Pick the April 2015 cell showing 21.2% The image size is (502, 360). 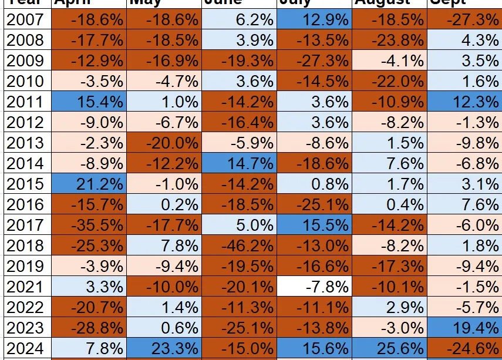[x=89, y=184]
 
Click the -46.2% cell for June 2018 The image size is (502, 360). [x=238, y=245]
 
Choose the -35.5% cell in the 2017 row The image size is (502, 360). [x=89, y=224]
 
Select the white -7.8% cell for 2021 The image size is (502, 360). [x=314, y=286]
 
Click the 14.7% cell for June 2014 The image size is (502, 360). [x=238, y=163]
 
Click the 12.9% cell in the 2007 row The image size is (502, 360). [x=314, y=20]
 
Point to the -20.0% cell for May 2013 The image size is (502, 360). [x=164, y=143]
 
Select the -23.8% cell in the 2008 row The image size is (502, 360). [x=389, y=41]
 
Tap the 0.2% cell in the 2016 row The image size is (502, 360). [x=164, y=204]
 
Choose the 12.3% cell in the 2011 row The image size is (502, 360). [x=464, y=102]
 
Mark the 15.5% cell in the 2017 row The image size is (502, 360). [x=314, y=224]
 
